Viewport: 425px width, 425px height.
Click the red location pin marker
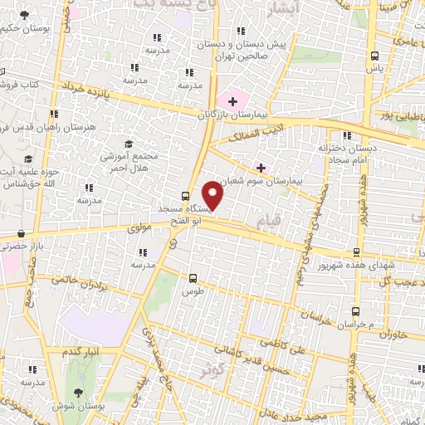[x=213, y=195]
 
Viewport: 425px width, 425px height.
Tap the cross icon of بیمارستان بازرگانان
[x=233, y=101]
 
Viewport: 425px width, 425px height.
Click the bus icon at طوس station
[x=193, y=278]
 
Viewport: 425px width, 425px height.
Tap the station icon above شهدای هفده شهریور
[x=356, y=252]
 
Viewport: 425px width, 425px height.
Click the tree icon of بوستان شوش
[x=79, y=392]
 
